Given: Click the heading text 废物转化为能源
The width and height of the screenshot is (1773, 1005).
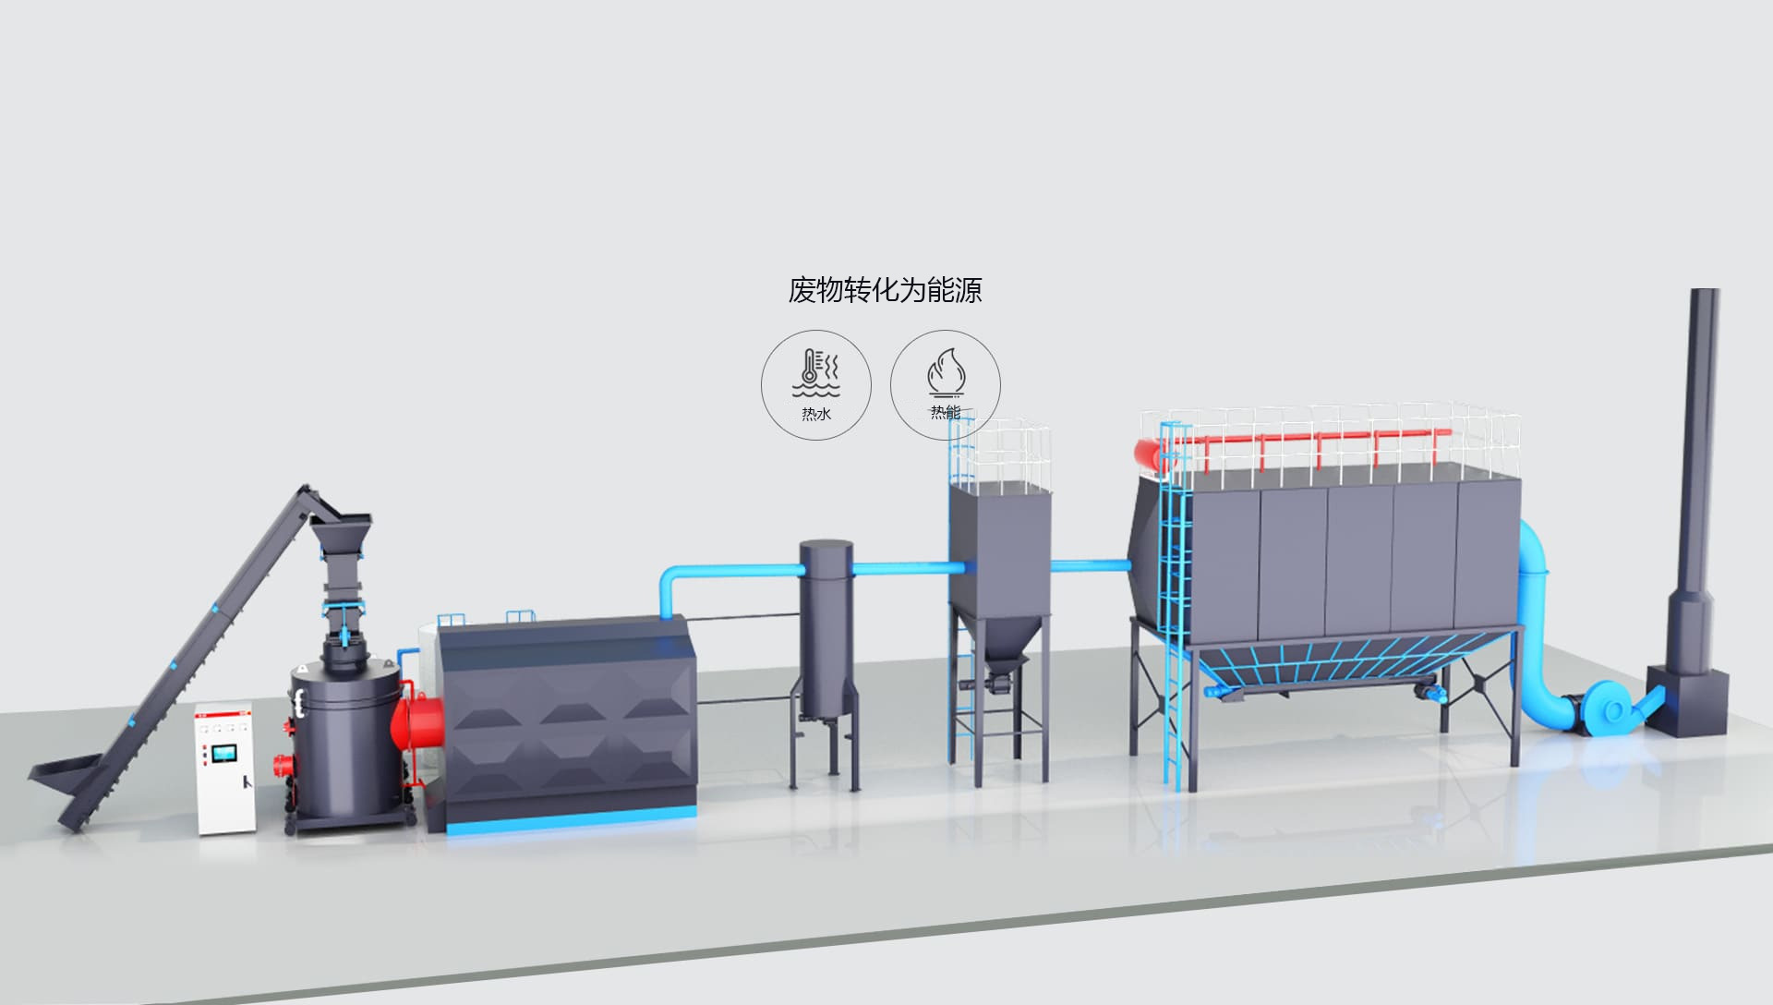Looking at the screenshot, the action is click(885, 290).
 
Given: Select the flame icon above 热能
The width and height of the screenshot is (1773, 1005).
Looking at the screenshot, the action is click(945, 372).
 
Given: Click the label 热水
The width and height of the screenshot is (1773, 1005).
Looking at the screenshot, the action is click(816, 414).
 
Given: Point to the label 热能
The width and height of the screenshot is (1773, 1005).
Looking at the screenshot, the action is click(945, 412).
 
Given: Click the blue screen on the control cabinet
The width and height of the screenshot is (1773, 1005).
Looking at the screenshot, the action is click(223, 755).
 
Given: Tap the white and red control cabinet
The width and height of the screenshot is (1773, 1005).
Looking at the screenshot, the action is click(224, 769).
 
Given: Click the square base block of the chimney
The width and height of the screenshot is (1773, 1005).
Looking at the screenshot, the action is click(1688, 702).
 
